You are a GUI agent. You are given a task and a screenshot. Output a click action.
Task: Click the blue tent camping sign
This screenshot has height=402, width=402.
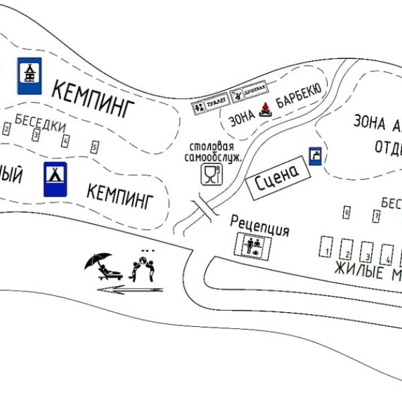click(55, 179)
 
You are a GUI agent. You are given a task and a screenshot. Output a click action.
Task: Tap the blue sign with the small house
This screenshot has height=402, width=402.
click(29, 76)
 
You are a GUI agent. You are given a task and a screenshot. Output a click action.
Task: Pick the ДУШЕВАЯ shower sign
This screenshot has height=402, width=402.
click(249, 92)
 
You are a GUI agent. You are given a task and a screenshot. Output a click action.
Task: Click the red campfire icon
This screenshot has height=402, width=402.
click(266, 109)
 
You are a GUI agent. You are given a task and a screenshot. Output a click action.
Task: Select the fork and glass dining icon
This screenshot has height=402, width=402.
click(210, 176)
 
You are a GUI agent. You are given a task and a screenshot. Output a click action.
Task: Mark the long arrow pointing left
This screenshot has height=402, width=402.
click(130, 289)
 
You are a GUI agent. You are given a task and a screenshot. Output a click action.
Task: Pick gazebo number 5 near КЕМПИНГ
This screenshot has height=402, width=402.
click(94, 146)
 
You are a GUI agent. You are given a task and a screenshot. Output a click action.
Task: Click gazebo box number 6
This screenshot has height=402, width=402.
click(346, 213)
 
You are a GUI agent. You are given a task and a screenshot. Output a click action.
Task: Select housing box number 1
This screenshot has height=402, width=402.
click(326, 247)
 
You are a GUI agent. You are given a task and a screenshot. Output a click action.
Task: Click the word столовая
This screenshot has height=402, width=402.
click(211, 147)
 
